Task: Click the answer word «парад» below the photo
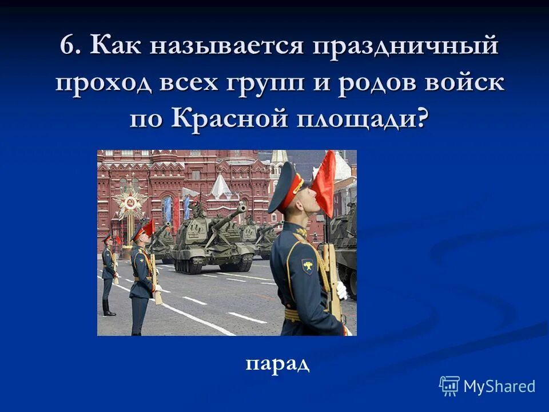tap(278, 363)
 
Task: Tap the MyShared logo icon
tap(449, 386)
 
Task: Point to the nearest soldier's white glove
tap(341, 291)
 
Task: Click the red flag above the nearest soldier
tap(324, 183)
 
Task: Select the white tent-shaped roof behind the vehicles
tap(220, 187)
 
